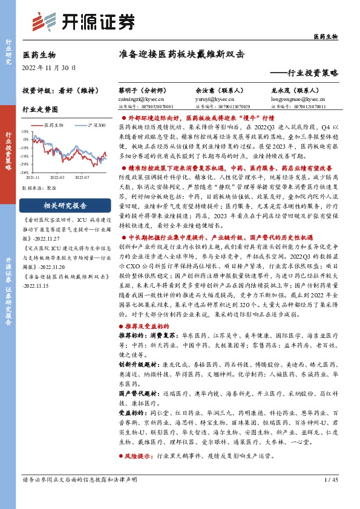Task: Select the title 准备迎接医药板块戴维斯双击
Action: coord(182,54)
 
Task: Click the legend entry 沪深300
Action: coord(96,125)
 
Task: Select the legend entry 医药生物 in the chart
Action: coord(55,125)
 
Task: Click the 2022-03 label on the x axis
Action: coord(58,178)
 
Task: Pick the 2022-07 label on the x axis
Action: coord(82,178)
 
